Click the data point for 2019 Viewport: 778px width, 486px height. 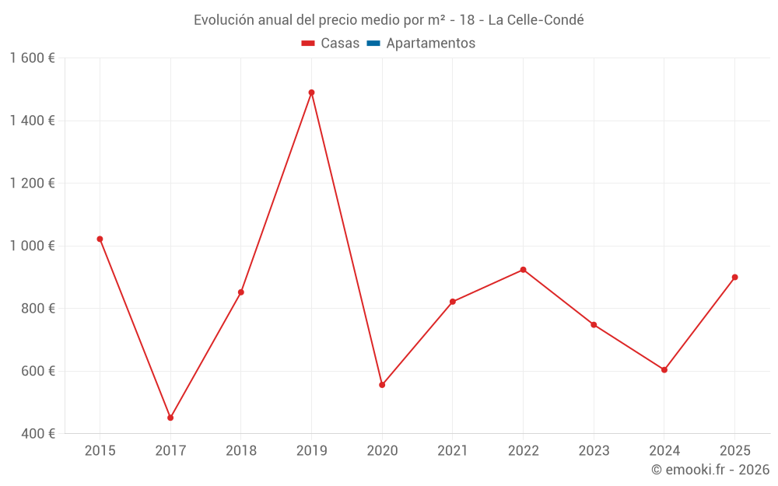coord(311,93)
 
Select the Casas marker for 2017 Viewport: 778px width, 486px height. coord(170,418)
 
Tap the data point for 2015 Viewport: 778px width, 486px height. coord(100,239)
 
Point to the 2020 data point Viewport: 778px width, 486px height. coord(382,385)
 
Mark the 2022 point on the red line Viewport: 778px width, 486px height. coord(523,270)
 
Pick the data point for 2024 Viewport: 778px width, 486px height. coord(664,370)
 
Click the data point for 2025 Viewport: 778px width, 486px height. coord(734,277)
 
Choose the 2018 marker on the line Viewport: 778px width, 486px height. coord(240,292)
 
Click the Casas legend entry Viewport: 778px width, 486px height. coord(331,44)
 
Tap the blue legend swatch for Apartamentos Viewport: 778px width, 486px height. coord(373,44)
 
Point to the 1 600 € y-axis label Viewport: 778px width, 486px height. coord(32,58)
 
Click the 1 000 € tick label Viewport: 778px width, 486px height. coord(32,246)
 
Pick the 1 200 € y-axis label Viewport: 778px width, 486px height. coord(32,184)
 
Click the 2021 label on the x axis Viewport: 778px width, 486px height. coord(452,450)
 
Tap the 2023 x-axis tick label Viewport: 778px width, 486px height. coord(594,450)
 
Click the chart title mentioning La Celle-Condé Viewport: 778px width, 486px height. coord(388,20)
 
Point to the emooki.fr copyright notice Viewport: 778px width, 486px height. coord(710,470)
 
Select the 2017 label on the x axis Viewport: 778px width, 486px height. coord(170,450)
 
